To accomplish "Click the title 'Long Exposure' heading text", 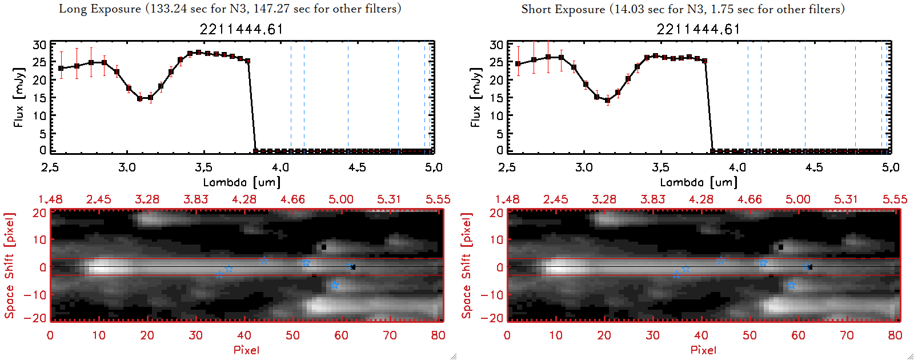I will pyautogui.click(x=100, y=9).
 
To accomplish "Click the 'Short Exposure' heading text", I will pyautogui.click(x=563, y=9).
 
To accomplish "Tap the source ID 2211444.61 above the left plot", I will pyautogui.click(x=241, y=29).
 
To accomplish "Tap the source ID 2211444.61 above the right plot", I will pyautogui.click(x=698, y=29).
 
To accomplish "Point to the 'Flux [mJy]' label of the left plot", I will pyautogui.click(x=19, y=97).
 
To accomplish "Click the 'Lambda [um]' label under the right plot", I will pyautogui.click(x=699, y=182).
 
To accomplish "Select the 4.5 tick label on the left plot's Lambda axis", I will pyautogui.click(x=357, y=167).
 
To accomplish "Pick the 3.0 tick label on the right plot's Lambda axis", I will pyautogui.click(x=584, y=167).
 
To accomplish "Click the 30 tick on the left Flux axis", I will pyautogui.click(x=39, y=45).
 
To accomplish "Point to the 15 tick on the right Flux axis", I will pyautogui.click(x=496, y=98).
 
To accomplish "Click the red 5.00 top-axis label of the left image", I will pyautogui.click(x=341, y=199).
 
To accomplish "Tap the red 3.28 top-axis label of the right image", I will pyautogui.click(x=604, y=199).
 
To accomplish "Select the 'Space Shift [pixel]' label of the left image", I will pyautogui.click(x=9, y=266).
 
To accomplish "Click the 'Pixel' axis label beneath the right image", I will pyautogui.click(x=703, y=350).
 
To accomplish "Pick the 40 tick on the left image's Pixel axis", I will pyautogui.click(x=244, y=335).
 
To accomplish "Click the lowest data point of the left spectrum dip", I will pyautogui.click(x=139, y=98).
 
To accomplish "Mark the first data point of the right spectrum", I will pyautogui.click(x=518, y=64).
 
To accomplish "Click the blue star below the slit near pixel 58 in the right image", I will pyautogui.click(x=791, y=285).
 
